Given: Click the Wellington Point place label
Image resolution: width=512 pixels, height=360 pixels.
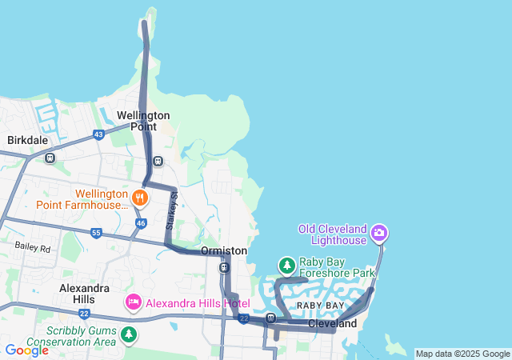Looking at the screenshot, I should coord(143,121).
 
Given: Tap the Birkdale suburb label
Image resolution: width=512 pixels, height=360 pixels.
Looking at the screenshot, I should coord(28,140).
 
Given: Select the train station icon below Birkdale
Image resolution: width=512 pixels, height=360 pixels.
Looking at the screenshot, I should coord(50,158).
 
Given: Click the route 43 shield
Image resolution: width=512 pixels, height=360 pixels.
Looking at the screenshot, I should coord(98,134).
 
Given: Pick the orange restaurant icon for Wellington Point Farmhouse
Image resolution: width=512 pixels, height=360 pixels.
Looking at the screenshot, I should coord(140,196).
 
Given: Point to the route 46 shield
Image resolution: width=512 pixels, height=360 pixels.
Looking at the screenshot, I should coord(140,223).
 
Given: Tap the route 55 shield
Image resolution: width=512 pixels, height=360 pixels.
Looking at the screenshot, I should coord(96,234).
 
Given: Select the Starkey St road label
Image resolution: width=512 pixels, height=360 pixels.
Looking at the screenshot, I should coord(171,211).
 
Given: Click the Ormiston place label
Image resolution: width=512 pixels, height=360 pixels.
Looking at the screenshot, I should coord(224,251).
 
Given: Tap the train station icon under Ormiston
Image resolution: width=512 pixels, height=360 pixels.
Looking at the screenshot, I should coord(224,267).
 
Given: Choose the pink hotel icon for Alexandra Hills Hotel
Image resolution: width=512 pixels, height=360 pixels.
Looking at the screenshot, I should coord(133,302).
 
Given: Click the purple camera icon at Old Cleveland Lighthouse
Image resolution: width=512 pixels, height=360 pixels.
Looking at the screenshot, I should coord(379,234).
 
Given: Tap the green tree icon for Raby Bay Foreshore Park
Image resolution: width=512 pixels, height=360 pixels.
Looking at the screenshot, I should coord(286,265).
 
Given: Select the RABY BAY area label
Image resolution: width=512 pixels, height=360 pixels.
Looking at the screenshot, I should coord(320,306).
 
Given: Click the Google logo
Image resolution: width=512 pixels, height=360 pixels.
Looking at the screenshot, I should coord(26,350).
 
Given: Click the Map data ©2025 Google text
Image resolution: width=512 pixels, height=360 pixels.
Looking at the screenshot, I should coord(462,354).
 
